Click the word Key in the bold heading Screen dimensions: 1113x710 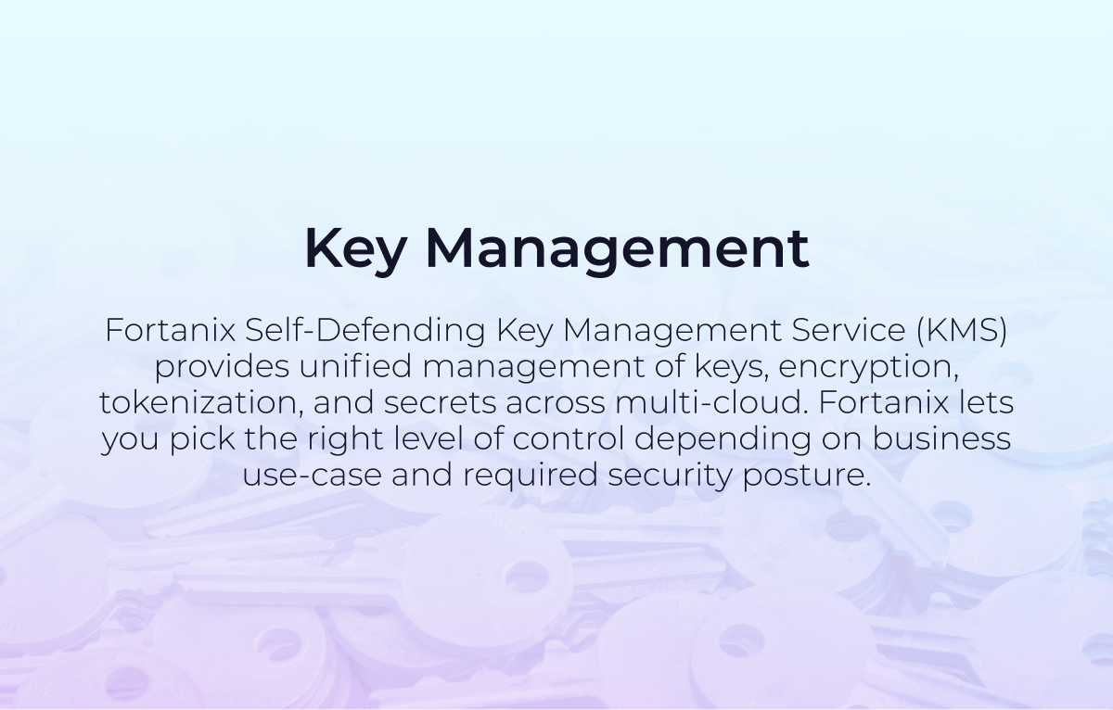click(356, 248)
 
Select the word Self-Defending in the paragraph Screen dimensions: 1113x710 click(365, 331)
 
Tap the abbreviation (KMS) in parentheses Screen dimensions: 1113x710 click(962, 331)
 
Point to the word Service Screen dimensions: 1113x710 click(848, 330)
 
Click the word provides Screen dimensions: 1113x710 click(222, 367)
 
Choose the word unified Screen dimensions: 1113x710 click(355, 366)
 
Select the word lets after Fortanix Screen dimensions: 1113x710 click(986, 403)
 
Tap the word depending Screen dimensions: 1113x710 click(723, 440)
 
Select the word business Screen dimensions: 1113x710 click(942, 439)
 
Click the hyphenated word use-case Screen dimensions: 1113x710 click(312, 475)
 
